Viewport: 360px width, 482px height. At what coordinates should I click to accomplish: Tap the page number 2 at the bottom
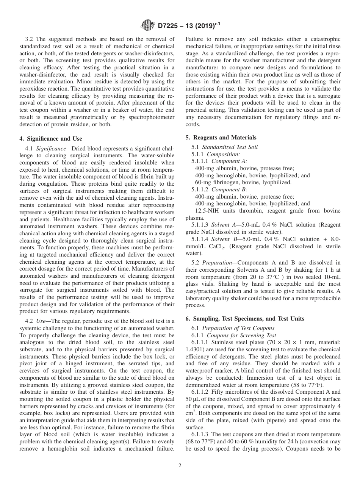180,466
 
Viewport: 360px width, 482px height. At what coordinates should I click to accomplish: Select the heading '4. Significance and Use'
50,139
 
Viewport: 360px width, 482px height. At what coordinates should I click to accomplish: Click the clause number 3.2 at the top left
30,39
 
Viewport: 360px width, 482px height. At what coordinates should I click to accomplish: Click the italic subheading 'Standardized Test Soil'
230,147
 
